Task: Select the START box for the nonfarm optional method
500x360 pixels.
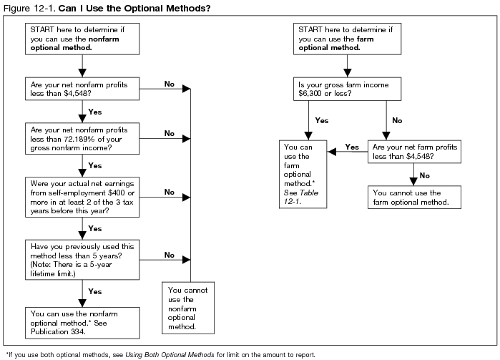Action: tap(82, 37)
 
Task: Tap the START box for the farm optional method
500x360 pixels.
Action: tap(348, 37)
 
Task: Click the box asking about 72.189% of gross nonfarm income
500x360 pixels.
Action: tap(82, 137)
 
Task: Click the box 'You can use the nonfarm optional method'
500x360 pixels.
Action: tap(82, 319)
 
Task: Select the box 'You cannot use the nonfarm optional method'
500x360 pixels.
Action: tap(189, 307)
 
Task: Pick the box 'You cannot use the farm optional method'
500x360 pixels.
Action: tap(413, 198)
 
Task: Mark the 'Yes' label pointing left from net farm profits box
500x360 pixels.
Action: tap(352, 147)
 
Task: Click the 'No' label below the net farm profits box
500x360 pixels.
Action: tap(424, 175)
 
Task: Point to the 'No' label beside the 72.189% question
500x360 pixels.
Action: tap(170, 133)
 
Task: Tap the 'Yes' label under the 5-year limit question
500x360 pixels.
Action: tap(95, 291)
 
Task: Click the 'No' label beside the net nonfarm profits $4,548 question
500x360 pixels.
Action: tap(170, 84)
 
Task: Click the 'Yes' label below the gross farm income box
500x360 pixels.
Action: tap(322, 121)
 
